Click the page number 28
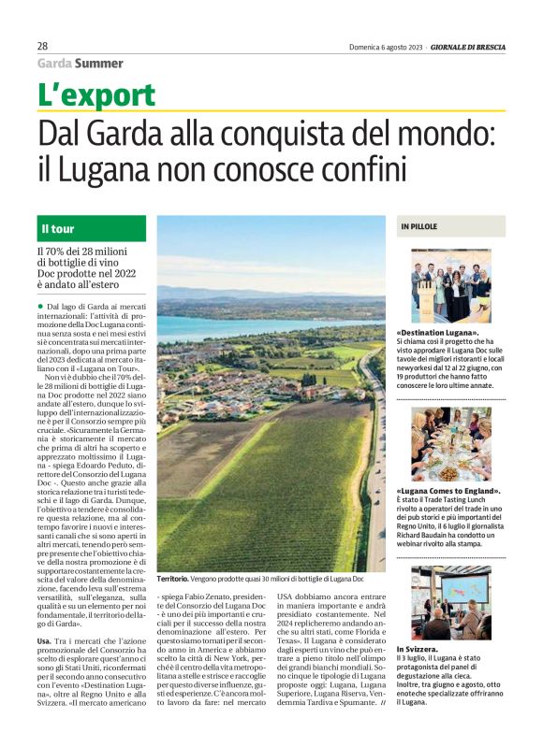point(43,46)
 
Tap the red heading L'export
point(96,94)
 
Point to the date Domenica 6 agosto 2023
point(387,46)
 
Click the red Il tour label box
point(91,229)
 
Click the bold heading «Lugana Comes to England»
point(448,491)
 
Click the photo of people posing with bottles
point(450,285)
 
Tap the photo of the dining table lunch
point(450,442)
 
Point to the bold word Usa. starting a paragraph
point(45,639)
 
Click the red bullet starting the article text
point(41,307)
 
